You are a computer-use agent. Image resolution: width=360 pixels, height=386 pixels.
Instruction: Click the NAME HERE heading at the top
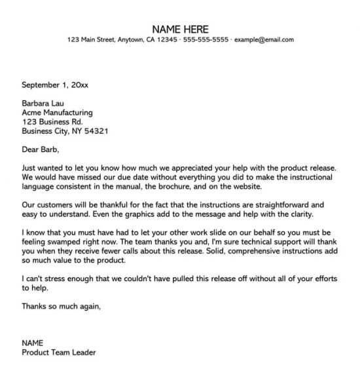tap(180, 29)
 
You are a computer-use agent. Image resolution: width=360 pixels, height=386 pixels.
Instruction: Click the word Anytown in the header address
tap(130, 40)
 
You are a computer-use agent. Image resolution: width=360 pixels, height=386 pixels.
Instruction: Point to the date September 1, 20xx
tap(55, 84)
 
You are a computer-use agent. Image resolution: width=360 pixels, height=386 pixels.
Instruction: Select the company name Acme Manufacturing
tap(58, 112)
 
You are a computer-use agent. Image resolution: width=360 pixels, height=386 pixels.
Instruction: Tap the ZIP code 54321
tap(96, 130)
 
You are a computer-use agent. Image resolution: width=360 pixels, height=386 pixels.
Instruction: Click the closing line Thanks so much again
tap(62, 306)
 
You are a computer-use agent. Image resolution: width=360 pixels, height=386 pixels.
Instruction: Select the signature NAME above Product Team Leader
tap(32, 343)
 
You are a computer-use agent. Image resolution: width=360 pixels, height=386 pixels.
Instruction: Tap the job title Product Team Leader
tap(59, 352)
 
